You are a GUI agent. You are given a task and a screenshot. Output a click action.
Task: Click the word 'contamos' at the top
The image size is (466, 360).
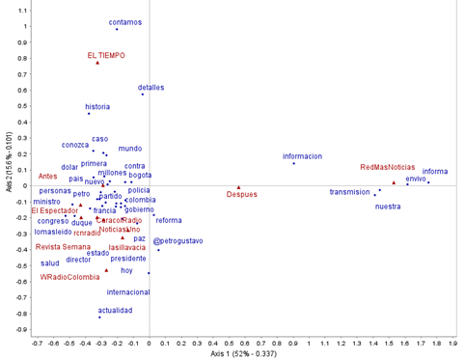125,21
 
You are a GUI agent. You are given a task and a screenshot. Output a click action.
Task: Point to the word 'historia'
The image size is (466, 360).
97,107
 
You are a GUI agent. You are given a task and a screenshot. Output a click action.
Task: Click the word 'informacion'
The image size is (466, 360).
302,155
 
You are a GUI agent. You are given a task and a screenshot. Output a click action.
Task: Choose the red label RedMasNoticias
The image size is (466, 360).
387,167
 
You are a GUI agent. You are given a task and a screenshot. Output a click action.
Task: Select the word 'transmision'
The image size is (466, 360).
349,191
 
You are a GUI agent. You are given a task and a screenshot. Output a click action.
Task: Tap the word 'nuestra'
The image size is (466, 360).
388,206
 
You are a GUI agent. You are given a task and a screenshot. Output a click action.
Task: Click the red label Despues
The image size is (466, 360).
242,195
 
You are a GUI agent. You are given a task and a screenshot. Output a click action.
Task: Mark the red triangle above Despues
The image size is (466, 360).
238,186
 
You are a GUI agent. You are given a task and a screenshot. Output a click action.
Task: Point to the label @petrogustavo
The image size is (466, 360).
178,240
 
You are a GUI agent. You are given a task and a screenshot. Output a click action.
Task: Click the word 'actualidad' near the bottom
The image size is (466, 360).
115,310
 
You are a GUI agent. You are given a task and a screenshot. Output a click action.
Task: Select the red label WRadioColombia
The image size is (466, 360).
69,276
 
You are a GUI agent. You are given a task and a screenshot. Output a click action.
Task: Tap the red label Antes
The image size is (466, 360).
47,177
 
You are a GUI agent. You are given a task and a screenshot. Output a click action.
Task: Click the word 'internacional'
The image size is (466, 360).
128,291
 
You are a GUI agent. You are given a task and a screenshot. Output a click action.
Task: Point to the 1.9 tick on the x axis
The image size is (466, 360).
454,342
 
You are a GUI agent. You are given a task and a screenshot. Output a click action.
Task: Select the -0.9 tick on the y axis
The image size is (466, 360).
19,329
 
